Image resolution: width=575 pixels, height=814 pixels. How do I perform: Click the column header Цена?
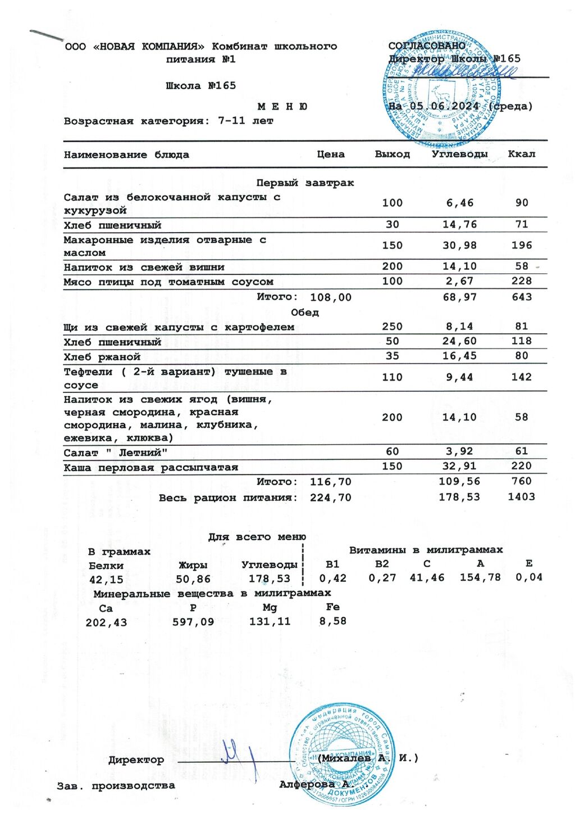coord(330,155)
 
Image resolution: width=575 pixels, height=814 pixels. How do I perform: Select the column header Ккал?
coord(521,154)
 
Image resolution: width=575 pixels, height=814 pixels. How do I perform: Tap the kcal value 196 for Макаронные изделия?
coord(521,246)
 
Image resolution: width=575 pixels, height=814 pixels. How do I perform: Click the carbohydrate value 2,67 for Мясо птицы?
coord(459,281)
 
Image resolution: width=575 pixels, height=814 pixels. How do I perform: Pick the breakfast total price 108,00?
coord(330,297)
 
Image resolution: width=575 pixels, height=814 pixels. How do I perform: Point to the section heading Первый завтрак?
coord(305,183)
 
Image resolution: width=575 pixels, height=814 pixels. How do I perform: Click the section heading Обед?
coord(305,313)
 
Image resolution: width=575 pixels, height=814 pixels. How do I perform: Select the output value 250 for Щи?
coord(392,327)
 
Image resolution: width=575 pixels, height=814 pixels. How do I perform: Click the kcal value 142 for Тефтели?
coord(521,377)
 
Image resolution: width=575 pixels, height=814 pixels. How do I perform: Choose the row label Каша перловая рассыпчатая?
coord(150,468)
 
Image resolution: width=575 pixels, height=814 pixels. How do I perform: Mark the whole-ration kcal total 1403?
coord(521,497)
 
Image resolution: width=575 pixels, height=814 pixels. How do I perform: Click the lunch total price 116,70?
coord(330,482)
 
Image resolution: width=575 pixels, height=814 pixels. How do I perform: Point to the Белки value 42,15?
coord(106,580)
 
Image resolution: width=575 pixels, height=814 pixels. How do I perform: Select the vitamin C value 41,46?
coord(427,577)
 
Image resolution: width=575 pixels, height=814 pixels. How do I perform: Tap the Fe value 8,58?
coord(332,621)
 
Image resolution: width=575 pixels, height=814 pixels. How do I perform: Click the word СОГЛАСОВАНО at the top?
coord(427,46)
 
